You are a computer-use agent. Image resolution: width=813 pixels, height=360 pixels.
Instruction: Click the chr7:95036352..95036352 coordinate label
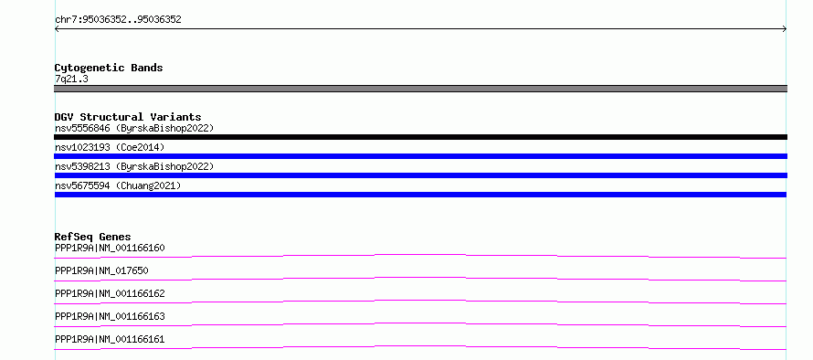[x=118, y=20]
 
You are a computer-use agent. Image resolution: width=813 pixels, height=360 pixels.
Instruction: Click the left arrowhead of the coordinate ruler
[x=56, y=29]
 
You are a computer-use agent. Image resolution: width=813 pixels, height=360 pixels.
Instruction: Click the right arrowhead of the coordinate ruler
[x=785, y=29]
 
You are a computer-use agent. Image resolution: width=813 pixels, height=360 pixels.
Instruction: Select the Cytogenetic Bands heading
[x=109, y=68]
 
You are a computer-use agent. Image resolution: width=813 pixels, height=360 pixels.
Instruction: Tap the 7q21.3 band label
[x=71, y=79]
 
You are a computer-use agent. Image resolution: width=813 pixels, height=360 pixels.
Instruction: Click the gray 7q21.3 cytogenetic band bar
[x=420, y=89]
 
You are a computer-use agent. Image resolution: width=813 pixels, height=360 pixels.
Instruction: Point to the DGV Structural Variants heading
[x=128, y=117]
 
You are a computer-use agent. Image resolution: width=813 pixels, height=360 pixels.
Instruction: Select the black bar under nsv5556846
[x=420, y=137]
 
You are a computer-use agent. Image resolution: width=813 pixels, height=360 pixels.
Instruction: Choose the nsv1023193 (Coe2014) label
[x=110, y=147]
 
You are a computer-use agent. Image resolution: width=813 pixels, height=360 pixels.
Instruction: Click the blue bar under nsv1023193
[x=420, y=156]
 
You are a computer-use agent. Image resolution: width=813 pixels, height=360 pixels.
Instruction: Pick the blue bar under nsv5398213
[x=420, y=175]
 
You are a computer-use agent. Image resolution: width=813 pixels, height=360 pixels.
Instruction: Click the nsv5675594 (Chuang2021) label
[x=118, y=185]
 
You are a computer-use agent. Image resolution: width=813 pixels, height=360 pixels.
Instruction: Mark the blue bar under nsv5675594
[x=420, y=195]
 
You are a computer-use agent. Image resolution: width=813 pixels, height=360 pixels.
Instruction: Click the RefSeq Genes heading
[x=93, y=237]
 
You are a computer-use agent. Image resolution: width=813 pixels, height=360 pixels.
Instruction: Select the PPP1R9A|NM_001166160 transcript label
[x=110, y=248]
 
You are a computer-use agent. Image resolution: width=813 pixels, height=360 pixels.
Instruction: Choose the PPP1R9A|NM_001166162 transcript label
[x=110, y=293]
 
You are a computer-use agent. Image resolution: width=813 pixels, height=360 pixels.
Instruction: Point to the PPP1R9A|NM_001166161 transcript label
[x=110, y=339]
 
